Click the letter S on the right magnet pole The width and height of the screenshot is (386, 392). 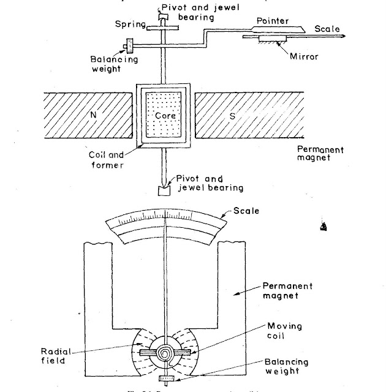click(232, 115)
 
